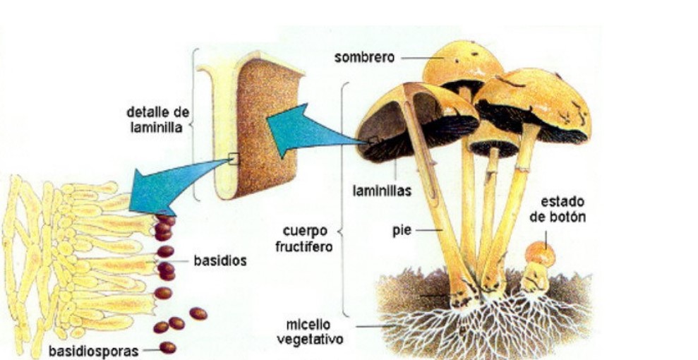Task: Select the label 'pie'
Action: tap(402, 230)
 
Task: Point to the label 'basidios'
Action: tap(219, 260)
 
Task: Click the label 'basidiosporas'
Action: tap(94, 349)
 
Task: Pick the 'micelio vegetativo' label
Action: tap(315, 331)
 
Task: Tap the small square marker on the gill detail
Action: tap(234, 160)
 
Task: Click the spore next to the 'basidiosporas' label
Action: tap(168, 347)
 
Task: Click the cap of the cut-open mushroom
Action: tap(416, 116)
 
